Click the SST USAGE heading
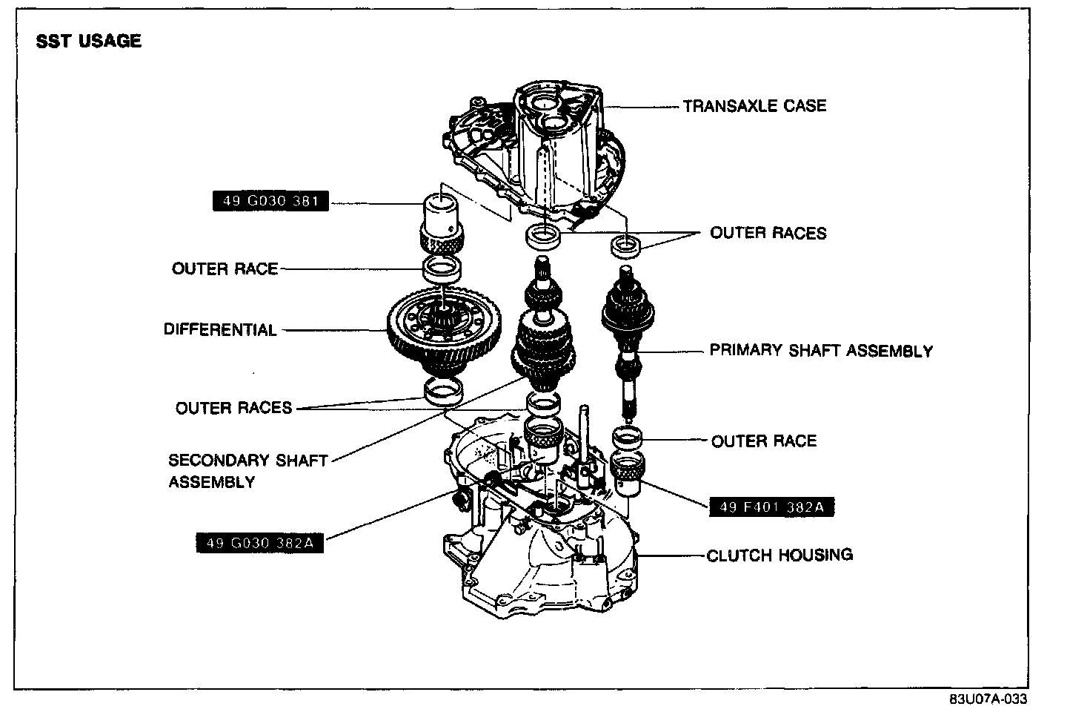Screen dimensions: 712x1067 coord(89,42)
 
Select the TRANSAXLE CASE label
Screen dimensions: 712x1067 coord(754,106)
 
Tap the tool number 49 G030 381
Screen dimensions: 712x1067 coord(270,201)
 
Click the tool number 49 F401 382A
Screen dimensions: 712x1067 coord(771,507)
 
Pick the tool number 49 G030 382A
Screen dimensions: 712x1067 coord(259,543)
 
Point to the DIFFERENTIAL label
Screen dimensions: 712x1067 coord(220,330)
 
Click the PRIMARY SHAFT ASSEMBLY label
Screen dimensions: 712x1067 coord(821,350)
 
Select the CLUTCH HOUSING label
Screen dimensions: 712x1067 coord(780,555)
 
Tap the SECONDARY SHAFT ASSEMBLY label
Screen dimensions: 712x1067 coord(247,470)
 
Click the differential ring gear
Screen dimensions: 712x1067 coord(444,327)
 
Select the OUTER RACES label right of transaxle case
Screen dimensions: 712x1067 coord(768,233)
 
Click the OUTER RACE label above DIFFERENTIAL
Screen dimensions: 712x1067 coord(225,268)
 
